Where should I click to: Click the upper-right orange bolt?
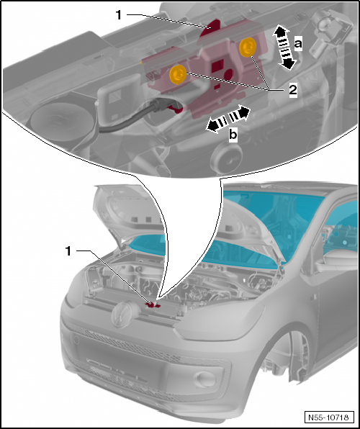click(x=248, y=48)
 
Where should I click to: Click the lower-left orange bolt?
click(x=178, y=74)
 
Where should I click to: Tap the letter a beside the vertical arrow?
click(x=298, y=44)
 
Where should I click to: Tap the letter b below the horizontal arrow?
click(x=233, y=135)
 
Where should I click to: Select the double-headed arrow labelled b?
click(x=228, y=119)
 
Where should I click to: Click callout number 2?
click(x=293, y=90)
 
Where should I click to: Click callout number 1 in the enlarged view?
click(x=119, y=15)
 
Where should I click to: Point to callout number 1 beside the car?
click(x=68, y=251)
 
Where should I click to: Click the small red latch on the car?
click(x=152, y=305)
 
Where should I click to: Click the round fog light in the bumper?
click(x=205, y=379)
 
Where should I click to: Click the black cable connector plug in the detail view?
click(x=161, y=106)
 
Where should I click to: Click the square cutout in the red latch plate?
click(x=218, y=65)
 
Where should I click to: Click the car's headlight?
click(x=219, y=317)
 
